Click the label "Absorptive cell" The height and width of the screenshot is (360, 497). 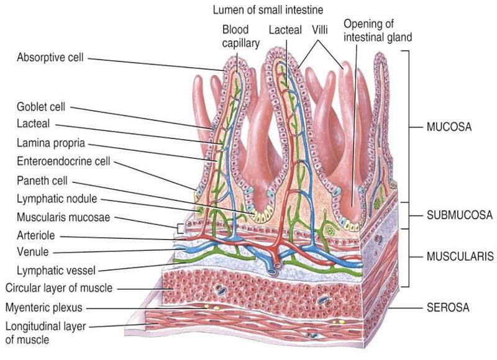point(51,58)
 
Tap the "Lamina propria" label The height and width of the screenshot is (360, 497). point(51,142)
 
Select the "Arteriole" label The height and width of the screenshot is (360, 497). point(35,236)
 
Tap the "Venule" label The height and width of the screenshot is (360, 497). point(33,252)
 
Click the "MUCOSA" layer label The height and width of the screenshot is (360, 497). point(449,125)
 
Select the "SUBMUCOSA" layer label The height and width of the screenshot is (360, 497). point(458,215)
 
